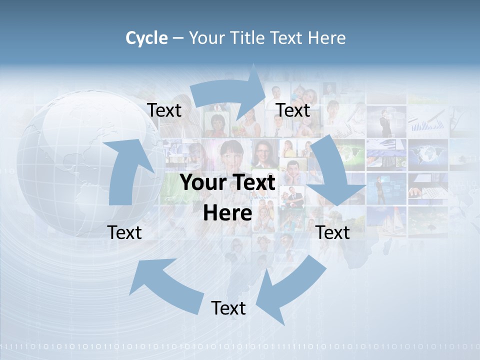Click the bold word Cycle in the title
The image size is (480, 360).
(146, 38)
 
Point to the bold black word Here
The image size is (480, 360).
(227, 213)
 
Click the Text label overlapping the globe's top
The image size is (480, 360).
(164, 110)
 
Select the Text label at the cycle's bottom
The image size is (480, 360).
(228, 308)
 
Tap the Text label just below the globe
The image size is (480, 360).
(124, 232)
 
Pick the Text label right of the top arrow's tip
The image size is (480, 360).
(293, 110)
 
